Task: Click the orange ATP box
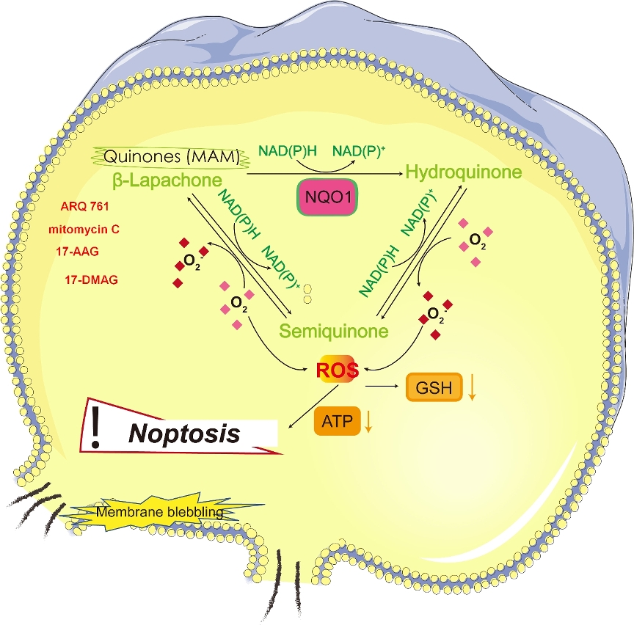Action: [x=337, y=422]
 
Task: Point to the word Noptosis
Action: [x=184, y=434]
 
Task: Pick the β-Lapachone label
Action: [x=168, y=178]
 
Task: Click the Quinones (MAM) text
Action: [x=168, y=156]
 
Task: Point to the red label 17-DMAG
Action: [x=92, y=279]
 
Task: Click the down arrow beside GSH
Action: [x=473, y=388]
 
